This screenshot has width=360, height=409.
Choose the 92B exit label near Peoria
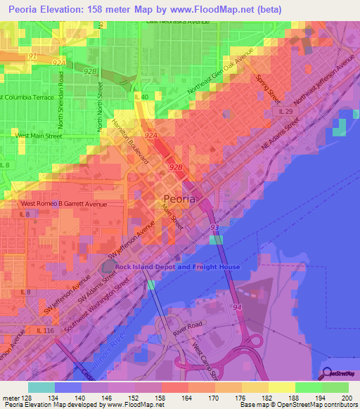[x=176, y=167]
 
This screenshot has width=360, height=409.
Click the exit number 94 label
[x=238, y=307]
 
